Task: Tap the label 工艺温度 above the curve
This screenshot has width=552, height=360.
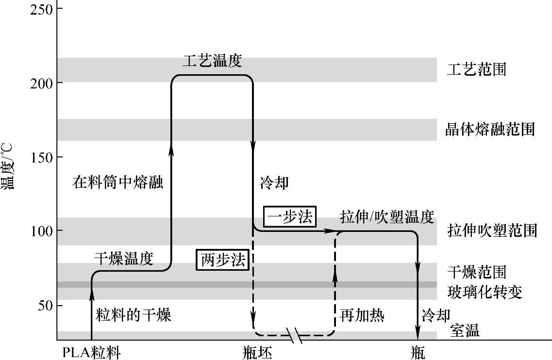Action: (212, 61)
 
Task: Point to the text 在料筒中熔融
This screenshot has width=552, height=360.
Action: (118, 183)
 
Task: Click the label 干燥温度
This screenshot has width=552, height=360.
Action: (123, 260)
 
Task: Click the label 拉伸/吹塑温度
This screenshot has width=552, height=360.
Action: (386, 217)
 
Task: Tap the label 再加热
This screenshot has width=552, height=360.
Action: (362, 316)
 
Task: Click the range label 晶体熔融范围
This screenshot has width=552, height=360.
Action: (490, 130)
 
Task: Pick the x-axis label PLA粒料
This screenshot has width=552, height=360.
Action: (91, 352)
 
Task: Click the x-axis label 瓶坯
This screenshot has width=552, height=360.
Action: (257, 352)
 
